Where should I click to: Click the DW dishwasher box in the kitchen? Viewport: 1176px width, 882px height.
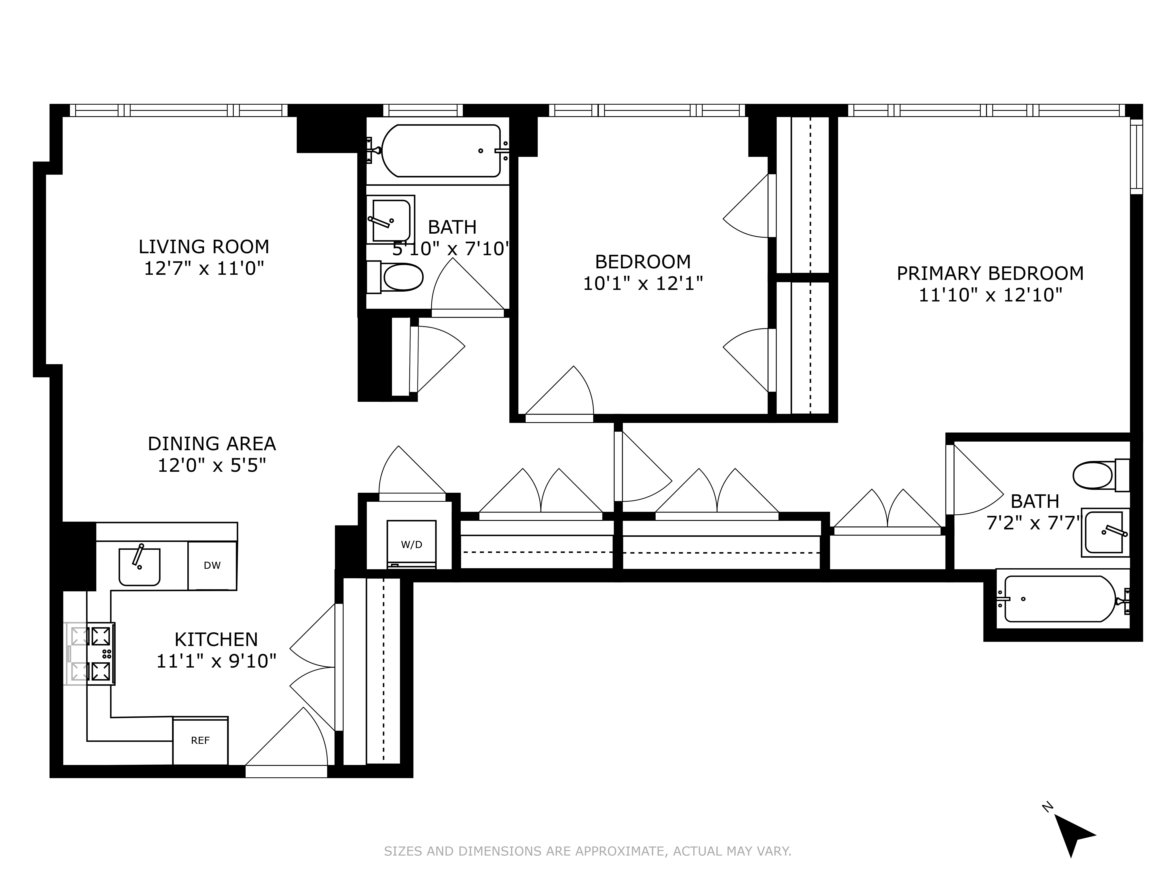[x=212, y=566]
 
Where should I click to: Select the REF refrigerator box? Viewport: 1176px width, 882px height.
[x=201, y=740]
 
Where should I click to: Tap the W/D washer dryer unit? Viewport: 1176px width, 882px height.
[x=411, y=544]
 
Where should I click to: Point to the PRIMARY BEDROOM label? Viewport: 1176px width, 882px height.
[x=990, y=273]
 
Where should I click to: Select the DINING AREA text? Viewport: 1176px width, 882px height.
[x=212, y=443]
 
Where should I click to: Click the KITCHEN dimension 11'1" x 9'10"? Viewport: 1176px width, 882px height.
[x=216, y=661]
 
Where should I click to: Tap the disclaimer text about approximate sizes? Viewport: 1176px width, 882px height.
[x=587, y=851]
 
